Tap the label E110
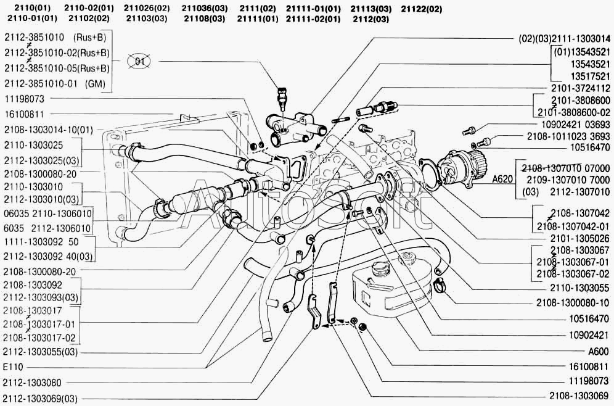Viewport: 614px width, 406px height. tap(12, 367)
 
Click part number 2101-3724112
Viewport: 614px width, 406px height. tap(578, 88)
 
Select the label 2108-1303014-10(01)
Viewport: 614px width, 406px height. tap(48, 130)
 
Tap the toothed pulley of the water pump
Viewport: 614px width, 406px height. tap(475, 167)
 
